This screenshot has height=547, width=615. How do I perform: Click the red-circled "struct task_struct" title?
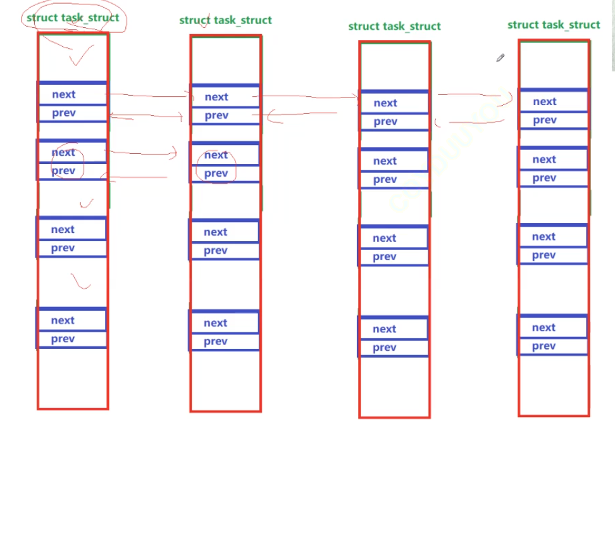coord(73,18)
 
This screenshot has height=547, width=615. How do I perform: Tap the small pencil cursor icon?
coord(500,58)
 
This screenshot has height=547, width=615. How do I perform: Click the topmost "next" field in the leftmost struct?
coord(72,94)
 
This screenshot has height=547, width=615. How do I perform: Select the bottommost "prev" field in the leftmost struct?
coord(71,339)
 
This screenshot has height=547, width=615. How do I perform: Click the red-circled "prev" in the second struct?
coord(216,173)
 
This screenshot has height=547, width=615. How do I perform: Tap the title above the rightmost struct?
coord(554,25)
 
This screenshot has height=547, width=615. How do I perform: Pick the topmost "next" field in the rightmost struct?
coord(553,101)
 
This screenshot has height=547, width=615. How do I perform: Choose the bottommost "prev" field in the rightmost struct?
coord(552,346)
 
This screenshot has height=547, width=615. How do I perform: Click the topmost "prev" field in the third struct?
coord(394,122)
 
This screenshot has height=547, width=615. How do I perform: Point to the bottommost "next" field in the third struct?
coord(393,329)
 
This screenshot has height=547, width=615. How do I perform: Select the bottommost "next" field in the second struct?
coord(224,323)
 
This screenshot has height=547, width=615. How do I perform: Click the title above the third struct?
coord(394,26)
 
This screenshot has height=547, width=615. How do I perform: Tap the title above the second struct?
coord(225,20)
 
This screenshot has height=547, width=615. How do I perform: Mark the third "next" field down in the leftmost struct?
coord(71,229)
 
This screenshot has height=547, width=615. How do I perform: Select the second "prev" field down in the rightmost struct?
coord(553,178)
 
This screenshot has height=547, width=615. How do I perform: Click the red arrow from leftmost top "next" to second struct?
coord(149,96)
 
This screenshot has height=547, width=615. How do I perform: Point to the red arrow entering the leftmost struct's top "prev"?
coord(146,116)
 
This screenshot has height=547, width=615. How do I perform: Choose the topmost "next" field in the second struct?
coord(225,97)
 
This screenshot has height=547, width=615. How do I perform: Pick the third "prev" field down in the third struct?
coord(393,256)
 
